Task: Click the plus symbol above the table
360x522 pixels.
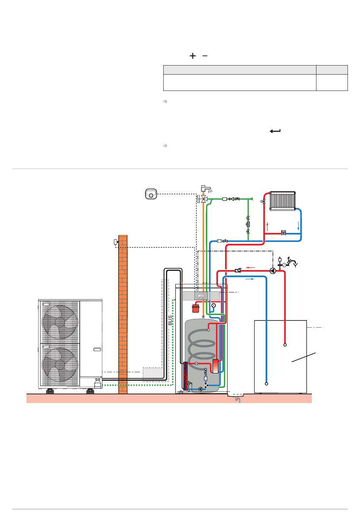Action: [x=193, y=56]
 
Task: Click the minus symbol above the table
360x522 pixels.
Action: [x=205, y=56]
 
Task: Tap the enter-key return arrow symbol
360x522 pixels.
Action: [x=275, y=131]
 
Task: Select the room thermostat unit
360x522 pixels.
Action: [x=151, y=194]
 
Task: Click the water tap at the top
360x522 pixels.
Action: [x=206, y=188]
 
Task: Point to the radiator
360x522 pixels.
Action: [x=283, y=201]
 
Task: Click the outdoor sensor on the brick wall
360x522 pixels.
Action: [x=116, y=242]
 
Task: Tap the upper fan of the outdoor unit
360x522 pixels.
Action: [x=60, y=322]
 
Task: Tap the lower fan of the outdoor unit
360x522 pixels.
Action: [x=60, y=364]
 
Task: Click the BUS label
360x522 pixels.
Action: [x=170, y=320]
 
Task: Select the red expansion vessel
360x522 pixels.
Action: [x=196, y=308]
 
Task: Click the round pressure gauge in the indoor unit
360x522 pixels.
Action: [x=214, y=305]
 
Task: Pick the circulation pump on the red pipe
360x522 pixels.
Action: [x=273, y=271]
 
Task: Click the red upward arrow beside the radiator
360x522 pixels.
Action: [x=268, y=227]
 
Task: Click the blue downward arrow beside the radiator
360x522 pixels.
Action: [x=299, y=226]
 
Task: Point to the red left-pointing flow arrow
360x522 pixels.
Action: [x=250, y=268]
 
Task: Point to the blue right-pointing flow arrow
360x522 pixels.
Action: [x=250, y=279]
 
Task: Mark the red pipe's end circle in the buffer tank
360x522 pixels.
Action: [x=285, y=345]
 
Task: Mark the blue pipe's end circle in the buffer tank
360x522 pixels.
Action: [x=266, y=384]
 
